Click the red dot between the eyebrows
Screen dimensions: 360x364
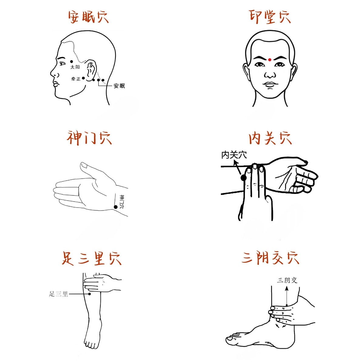270,60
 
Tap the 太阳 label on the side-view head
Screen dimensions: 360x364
75,67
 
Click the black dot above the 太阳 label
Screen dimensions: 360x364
71,61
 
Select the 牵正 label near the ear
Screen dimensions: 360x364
76,79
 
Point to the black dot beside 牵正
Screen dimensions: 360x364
83,78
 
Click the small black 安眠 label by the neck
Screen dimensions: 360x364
119,86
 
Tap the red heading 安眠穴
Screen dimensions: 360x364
88,17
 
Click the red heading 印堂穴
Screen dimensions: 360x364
270,17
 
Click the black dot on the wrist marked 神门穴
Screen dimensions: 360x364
116,207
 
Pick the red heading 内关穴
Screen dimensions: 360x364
270,138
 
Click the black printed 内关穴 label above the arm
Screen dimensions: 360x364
234,155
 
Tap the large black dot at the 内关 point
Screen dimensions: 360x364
244,177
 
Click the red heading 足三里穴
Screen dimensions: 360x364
91,258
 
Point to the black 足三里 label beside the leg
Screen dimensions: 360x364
58,294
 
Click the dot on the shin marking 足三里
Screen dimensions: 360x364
89,294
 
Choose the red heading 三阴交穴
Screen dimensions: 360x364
270,258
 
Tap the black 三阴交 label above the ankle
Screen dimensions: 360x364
287,280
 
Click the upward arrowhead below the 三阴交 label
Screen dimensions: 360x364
287,289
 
